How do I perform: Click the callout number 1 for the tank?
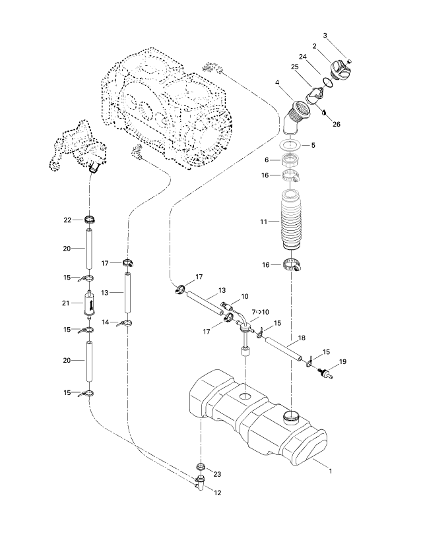tap(331, 471)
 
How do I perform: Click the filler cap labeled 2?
tap(341, 69)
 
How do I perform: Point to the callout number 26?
tap(337, 124)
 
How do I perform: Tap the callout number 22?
tap(67, 220)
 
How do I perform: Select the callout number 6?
tap(267, 160)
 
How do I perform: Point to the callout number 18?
tap(302, 338)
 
